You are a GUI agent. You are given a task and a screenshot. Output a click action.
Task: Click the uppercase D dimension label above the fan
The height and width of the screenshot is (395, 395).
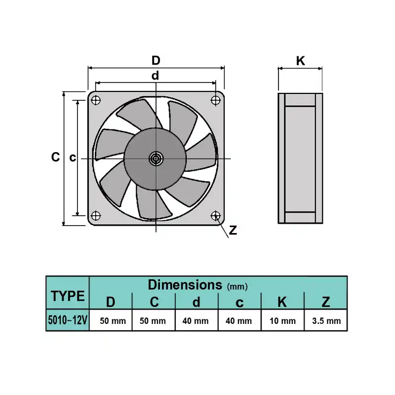pyautogui.click(x=156, y=61)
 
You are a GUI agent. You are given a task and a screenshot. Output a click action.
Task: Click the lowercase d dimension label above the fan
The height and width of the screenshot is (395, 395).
pyautogui.click(x=156, y=76)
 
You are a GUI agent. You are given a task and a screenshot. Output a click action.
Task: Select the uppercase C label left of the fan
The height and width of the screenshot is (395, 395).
pyautogui.click(x=55, y=158)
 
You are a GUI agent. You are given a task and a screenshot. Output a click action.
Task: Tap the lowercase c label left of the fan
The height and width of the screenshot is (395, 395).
pyautogui.click(x=72, y=158)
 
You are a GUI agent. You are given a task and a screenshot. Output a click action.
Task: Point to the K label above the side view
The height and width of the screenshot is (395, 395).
pyautogui.click(x=300, y=61)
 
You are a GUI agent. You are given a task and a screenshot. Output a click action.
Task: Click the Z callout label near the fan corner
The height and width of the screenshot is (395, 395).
pyautogui.click(x=233, y=230)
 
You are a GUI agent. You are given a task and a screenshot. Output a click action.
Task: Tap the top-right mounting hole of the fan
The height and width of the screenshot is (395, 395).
pyautogui.click(x=215, y=100)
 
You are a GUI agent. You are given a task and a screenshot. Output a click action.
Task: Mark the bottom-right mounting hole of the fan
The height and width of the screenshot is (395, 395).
pyautogui.click(x=215, y=216)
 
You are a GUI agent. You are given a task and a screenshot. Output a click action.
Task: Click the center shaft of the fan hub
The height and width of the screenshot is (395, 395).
pyautogui.click(x=156, y=158)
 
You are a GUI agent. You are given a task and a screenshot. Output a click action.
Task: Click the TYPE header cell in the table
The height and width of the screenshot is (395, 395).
pyautogui.click(x=68, y=296)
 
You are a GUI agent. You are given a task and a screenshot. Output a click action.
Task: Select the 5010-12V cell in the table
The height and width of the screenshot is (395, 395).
pyautogui.click(x=68, y=321)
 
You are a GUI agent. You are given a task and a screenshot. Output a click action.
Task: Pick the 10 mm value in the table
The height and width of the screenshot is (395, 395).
pyautogui.click(x=283, y=321)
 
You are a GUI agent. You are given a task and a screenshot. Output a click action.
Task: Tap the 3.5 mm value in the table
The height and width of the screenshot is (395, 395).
pyautogui.click(x=326, y=321)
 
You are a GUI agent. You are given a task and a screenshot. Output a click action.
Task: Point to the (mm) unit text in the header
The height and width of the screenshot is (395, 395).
pyautogui.click(x=237, y=286)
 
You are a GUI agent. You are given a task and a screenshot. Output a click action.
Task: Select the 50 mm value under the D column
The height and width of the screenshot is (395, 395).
pyautogui.click(x=113, y=321)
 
